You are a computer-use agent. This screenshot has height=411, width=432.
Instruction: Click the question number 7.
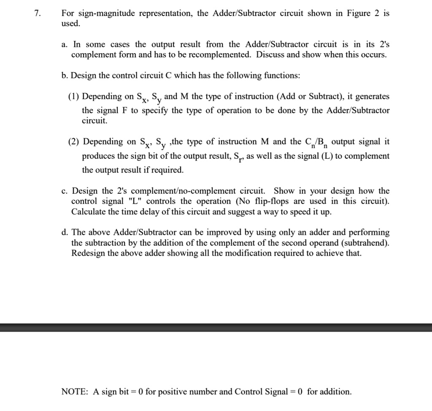point(38,14)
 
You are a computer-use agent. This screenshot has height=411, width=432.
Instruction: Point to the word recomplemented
point(224,55)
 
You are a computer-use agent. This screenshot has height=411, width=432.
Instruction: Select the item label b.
point(65,76)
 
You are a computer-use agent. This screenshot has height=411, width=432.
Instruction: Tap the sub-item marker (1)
point(74,97)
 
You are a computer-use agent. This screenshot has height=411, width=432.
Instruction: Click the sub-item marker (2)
point(74,142)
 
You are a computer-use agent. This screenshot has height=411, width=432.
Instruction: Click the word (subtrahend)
point(366,243)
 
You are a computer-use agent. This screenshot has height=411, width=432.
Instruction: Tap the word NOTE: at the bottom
point(75,392)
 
